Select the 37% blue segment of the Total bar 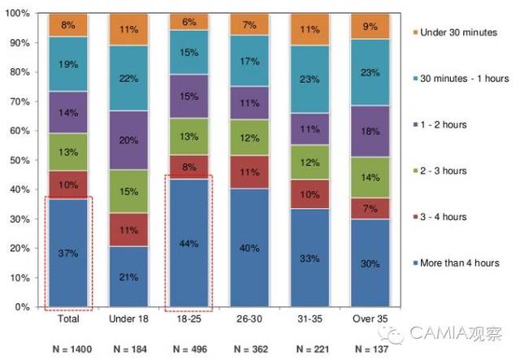point(68,253)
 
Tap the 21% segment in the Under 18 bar point(128,276)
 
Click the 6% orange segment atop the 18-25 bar point(188,22)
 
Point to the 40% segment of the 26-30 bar point(249,248)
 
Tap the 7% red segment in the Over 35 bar point(369,209)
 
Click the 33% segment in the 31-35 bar point(309,258)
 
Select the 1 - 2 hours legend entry point(448,124)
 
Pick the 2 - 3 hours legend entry point(448,170)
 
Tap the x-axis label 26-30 point(249,319)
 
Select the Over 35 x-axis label point(369,319)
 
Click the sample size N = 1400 point(68,349)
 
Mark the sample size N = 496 point(188,349)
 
